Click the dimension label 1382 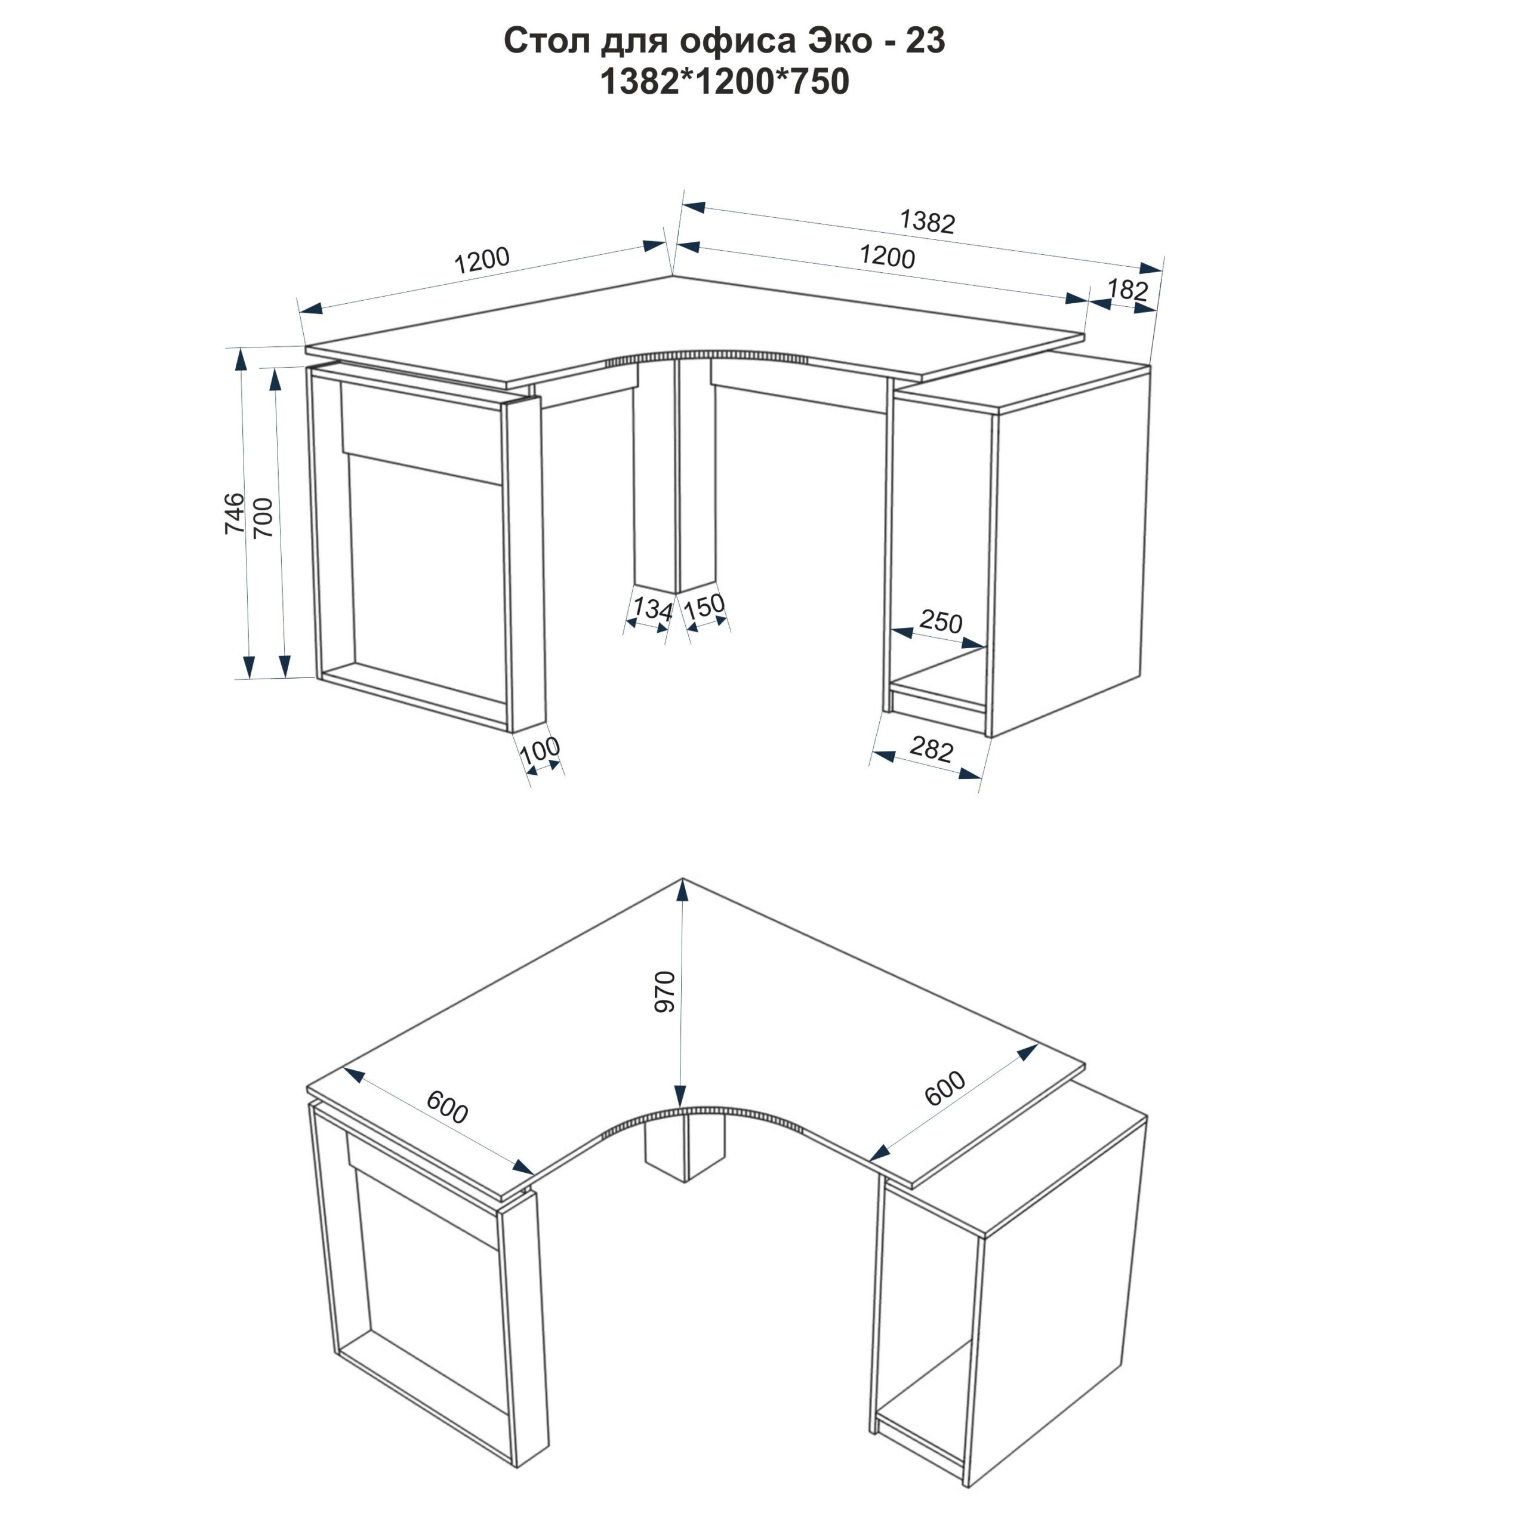tap(927, 222)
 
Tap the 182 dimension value tap(1127, 289)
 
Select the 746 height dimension tap(235, 513)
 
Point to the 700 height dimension tap(263, 518)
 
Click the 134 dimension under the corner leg tap(652, 608)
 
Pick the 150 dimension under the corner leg tap(704, 606)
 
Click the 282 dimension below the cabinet tap(931, 748)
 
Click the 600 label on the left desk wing tap(448, 1107)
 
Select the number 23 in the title tap(925, 41)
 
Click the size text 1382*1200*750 tap(725, 81)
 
